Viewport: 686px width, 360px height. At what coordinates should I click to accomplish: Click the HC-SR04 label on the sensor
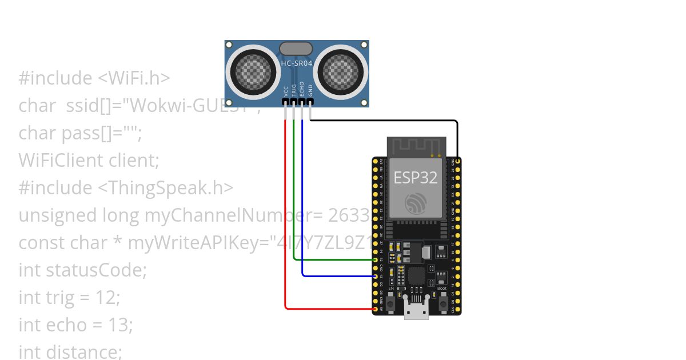tap(297, 63)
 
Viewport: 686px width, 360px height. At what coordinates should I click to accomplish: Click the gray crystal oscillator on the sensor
tap(296, 48)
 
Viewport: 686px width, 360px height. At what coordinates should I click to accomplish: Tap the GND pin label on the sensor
tap(310, 90)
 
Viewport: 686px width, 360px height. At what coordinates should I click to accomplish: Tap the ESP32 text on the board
tap(416, 178)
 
